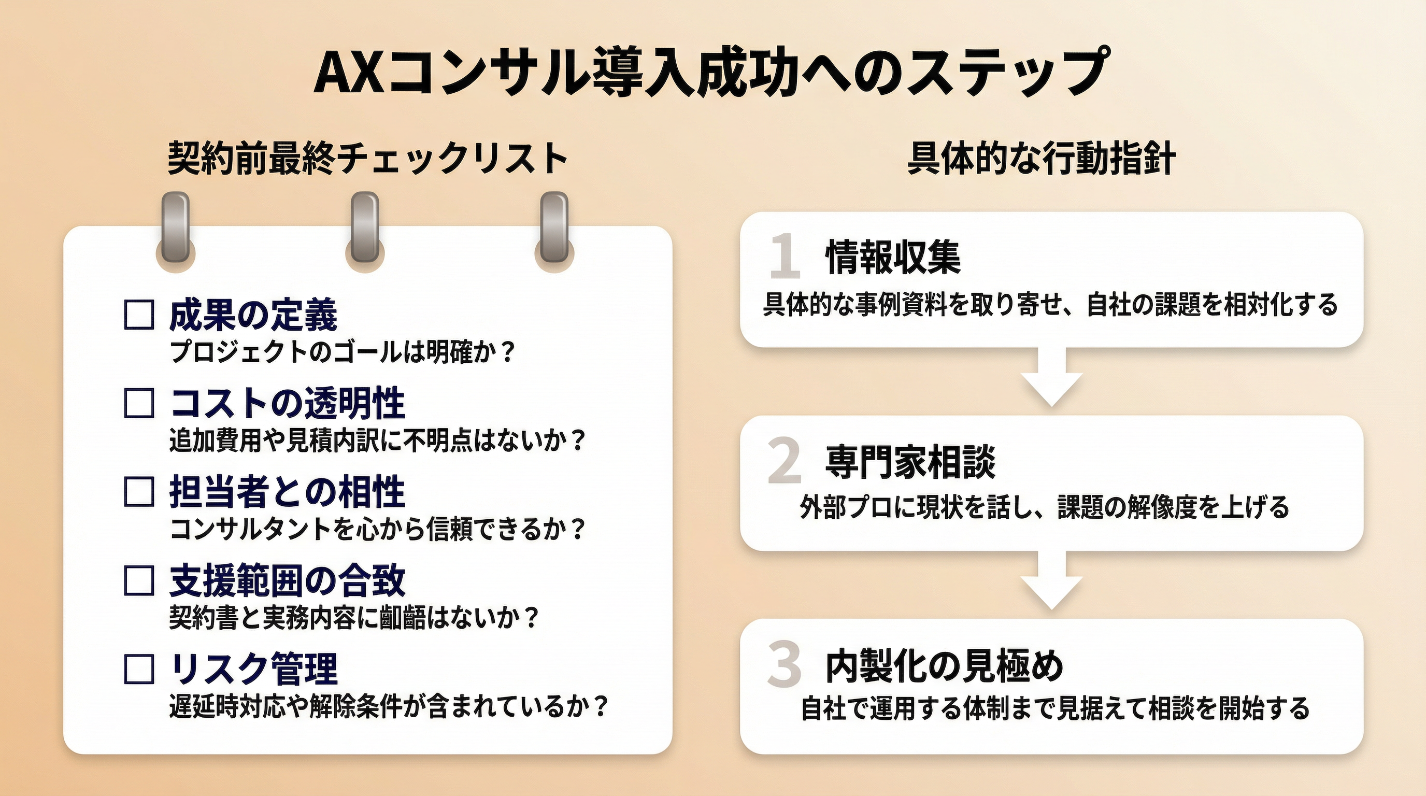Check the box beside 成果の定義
138,315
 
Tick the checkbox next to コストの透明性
138,403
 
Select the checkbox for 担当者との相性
138,492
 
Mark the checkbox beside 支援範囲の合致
138,580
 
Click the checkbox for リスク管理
138,669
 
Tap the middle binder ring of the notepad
365,228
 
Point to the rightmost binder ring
554,228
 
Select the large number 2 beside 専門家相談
785,461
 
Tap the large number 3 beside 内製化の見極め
785,664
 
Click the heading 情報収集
893,258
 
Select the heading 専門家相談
910,462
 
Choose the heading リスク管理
253,669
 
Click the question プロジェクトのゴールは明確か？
343,351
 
